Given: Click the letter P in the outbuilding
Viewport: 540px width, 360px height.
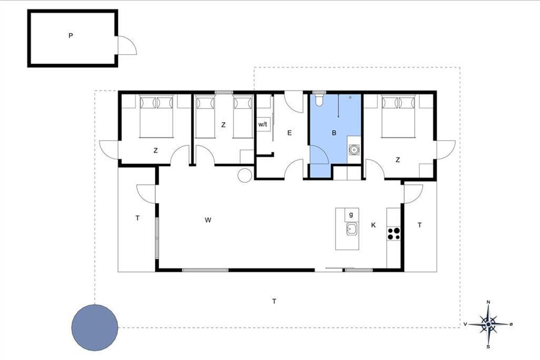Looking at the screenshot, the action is click(70, 36).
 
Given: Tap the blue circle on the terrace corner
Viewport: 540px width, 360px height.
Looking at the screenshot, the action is click(95, 328).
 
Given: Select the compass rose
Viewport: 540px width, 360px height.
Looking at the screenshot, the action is click(488, 324).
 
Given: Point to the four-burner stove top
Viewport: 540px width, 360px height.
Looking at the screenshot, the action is click(394, 234).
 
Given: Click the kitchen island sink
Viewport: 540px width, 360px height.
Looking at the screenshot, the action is click(352, 229).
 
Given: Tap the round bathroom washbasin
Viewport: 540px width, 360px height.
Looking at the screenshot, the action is click(354, 150).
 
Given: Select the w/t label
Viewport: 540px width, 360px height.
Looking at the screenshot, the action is click(263, 124).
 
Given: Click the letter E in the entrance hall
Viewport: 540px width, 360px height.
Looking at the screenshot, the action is click(289, 133).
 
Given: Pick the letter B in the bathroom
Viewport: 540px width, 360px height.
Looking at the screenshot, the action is click(334, 133).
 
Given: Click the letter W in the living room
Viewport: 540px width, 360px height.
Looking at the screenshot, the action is click(208, 220).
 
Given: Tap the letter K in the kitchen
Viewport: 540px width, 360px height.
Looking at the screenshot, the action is click(373, 225).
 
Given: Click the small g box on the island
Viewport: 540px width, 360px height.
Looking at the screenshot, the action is click(351, 215).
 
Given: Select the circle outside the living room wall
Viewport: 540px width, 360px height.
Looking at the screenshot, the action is click(245, 175).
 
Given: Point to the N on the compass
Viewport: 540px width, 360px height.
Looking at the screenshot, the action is click(488, 302).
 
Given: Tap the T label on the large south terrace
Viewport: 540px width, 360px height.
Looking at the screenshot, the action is click(274, 301).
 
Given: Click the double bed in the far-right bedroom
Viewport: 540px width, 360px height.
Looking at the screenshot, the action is click(398, 116).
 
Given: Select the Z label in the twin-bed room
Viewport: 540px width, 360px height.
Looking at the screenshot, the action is click(224, 125).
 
